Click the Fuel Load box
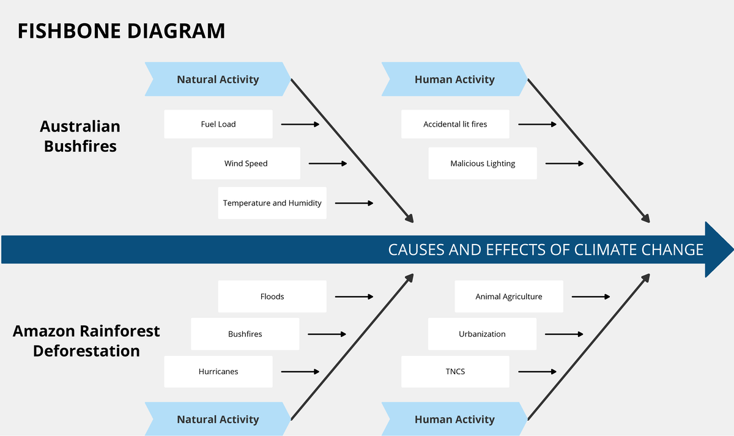pyautogui.click(x=218, y=124)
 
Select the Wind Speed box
pyautogui.click(x=246, y=163)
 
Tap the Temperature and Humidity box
pyautogui.click(x=272, y=203)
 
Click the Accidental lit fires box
pyautogui.click(x=455, y=124)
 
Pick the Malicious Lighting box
pyautogui.click(x=483, y=163)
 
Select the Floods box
pyautogui.click(x=272, y=297)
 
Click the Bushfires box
pyautogui.click(x=245, y=334)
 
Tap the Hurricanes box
pyautogui.click(x=218, y=371)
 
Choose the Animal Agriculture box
pyautogui.click(x=509, y=297)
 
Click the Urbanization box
pyautogui.click(x=482, y=334)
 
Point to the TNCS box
pyautogui.click(x=455, y=371)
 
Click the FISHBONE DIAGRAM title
pyautogui.click(x=121, y=31)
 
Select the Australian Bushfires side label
pyautogui.click(x=80, y=136)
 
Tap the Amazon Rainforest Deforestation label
pyautogui.click(x=86, y=341)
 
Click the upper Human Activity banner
pyautogui.click(x=454, y=79)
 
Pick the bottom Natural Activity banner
pyautogui.click(x=218, y=419)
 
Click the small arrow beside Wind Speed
pyautogui.click(x=328, y=163)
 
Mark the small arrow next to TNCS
pyautogui.click(x=537, y=371)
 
